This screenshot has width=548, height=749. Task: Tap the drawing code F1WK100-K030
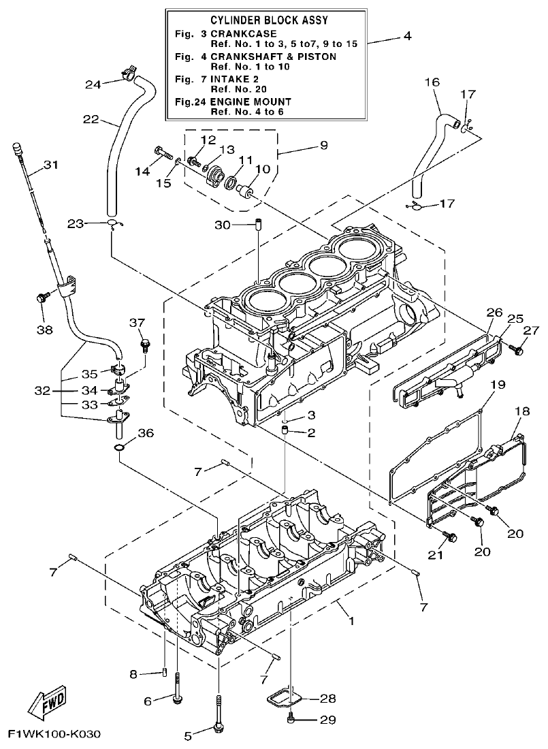[54, 735]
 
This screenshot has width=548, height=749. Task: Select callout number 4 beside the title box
[406, 36]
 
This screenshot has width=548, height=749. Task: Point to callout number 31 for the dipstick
[51, 164]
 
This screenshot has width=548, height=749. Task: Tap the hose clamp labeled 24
[128, 72]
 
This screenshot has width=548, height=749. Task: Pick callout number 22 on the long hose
[91, 119]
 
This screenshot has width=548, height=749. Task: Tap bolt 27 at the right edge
[519, 349]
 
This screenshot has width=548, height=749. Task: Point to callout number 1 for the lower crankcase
[351, 621]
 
